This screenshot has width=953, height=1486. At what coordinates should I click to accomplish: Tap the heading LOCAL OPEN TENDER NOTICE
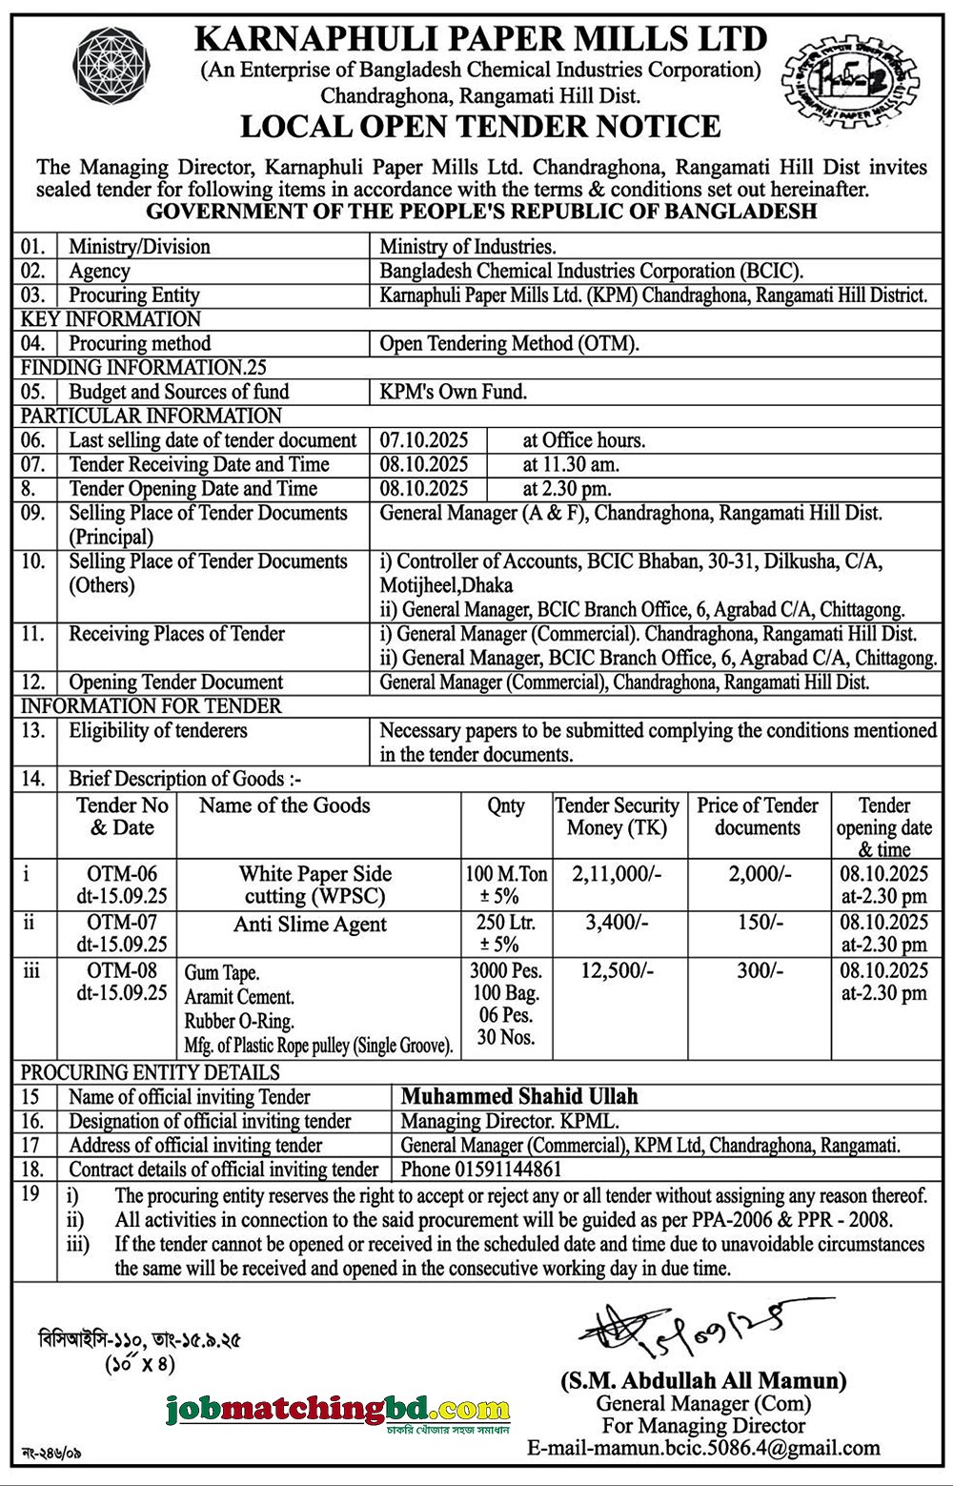tap(480, 127)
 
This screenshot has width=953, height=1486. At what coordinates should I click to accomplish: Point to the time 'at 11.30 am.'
tap(571, 464)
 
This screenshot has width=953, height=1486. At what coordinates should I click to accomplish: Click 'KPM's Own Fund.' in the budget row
tap(454, 392)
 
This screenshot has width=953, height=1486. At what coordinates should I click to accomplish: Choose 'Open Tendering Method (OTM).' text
tap(510, 343)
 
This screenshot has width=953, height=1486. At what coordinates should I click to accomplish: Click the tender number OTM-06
tap(122, 874)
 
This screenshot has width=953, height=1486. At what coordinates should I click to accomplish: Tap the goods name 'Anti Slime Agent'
tap(311, 924)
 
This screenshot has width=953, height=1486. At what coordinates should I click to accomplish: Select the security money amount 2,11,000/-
tap(617, 874)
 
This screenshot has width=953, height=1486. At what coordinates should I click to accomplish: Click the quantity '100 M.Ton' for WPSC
tap(506, 874)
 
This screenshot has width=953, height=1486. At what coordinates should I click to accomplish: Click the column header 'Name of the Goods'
tap(284, 805)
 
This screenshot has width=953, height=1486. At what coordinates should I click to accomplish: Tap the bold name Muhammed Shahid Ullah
tap(519, 1096)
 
